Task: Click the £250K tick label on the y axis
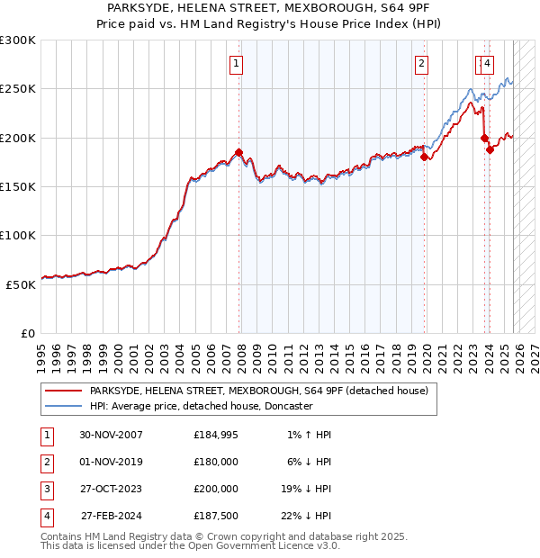17,89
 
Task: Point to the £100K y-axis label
17,235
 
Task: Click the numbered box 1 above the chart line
236,63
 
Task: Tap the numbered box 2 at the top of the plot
421,63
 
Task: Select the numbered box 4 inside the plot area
487,63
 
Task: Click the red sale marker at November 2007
238,152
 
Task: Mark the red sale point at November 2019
424,157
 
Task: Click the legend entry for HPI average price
200,406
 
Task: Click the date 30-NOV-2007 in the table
110,435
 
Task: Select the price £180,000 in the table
215,462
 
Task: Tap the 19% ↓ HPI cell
304,489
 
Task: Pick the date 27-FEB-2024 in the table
110,516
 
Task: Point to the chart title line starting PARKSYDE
269,8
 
